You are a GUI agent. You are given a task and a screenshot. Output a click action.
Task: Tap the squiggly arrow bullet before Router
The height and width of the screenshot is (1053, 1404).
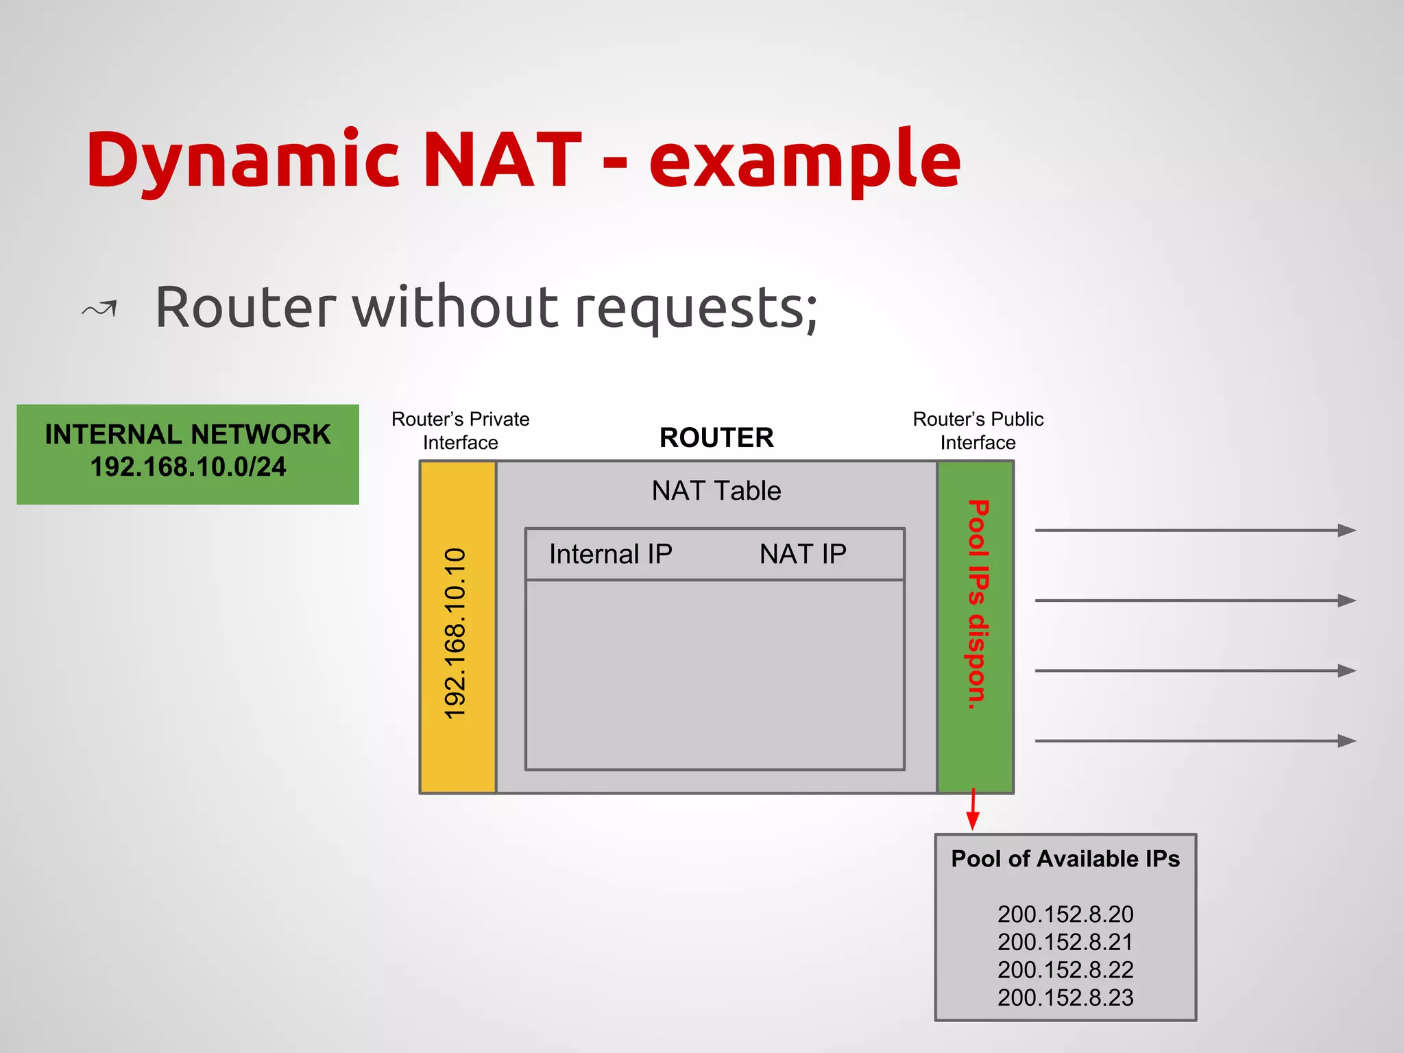(100, 309)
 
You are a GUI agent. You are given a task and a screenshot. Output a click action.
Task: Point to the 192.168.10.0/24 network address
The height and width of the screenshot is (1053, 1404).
(188, 468)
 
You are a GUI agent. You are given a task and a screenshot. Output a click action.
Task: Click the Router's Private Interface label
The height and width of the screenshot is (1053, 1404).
(460, 431)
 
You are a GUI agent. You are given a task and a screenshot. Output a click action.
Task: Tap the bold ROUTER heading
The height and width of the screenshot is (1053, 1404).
(716, 437)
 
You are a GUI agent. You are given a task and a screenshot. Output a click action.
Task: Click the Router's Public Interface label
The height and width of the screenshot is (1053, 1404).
(978, 431)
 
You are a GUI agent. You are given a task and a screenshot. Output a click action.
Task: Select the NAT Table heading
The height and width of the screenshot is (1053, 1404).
(716, 491)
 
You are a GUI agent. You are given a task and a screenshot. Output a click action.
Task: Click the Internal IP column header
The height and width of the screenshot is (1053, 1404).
(610, 554)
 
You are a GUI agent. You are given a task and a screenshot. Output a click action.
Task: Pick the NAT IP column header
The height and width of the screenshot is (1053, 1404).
(803, 554)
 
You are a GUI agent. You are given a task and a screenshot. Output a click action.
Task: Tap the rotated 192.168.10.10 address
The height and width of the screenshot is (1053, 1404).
(455, 633)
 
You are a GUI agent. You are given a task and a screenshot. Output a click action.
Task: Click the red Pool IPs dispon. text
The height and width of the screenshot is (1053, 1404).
(977, 604)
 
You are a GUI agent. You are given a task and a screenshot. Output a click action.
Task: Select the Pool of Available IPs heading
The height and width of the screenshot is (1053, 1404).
(1065, 859)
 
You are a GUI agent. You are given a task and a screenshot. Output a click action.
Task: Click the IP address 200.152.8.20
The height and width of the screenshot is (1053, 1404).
(1065, 914)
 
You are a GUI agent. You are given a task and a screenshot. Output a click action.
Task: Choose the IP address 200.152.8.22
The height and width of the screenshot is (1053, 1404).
(1065, 969)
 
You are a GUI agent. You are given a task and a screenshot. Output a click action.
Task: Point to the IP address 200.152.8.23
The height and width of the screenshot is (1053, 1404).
(1065, 997)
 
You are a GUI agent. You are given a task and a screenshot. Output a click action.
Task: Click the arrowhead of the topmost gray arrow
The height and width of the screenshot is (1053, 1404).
(1346, 530)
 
